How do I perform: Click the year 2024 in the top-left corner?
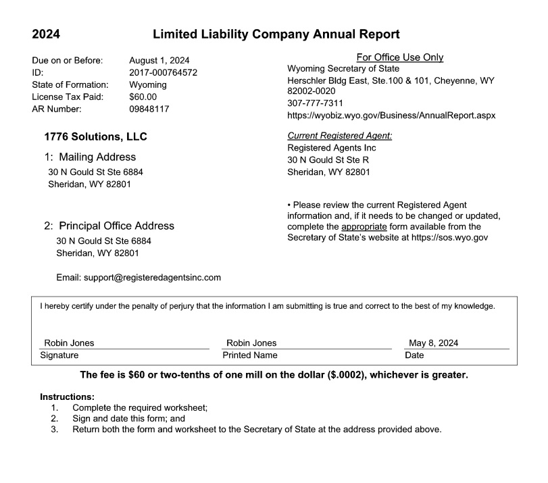coord(46,34)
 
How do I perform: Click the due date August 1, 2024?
coord(159,61)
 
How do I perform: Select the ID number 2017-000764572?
coord(163,73)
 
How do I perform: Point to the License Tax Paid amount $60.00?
coord(143,97)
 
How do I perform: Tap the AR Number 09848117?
coord(149,109)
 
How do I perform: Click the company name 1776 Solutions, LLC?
coord(95,136)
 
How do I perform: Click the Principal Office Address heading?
coord(109,226)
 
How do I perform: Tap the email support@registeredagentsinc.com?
coord(152,277)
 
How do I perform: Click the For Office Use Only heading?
coord(399,57)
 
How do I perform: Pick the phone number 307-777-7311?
coord(315,103)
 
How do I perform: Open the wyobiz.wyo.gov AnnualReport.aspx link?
coord(391,116)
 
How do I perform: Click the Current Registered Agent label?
coord(339,136)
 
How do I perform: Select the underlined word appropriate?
coord(364,226)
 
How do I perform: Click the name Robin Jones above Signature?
coord(69,343)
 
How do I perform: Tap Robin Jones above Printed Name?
coord(251,343)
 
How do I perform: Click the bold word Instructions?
coord(67,397)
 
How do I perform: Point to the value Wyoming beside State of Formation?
coord(147,85)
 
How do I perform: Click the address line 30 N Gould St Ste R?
coord(328,159)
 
